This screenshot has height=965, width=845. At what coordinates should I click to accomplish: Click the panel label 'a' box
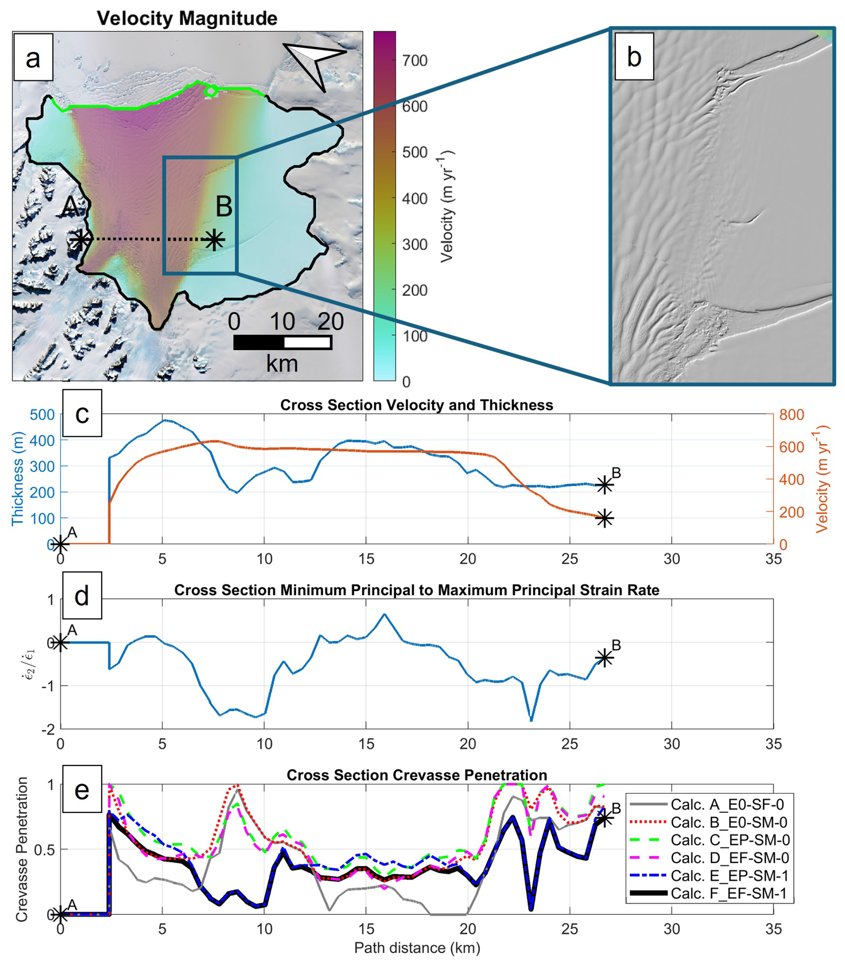(33, 59)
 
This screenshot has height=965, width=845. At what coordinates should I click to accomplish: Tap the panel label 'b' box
(634, 58)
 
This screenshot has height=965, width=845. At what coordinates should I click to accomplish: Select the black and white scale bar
(282, 342)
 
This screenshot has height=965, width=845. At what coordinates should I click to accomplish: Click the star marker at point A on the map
(81, 240)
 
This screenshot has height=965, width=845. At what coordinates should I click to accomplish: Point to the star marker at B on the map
(214, 240)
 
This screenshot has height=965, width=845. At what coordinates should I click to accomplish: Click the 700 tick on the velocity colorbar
(414, 60)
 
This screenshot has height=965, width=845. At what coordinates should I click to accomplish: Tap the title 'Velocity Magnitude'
(187, 18)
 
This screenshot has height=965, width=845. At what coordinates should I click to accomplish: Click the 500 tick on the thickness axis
(42, 415)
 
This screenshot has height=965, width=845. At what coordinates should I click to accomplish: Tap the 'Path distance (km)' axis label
(417, 948)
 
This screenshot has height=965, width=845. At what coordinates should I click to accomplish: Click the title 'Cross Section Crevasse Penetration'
(417, 775)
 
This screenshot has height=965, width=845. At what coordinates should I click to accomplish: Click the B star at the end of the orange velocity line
(605, 518)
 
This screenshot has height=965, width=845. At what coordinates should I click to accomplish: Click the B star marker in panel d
(605, 658)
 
